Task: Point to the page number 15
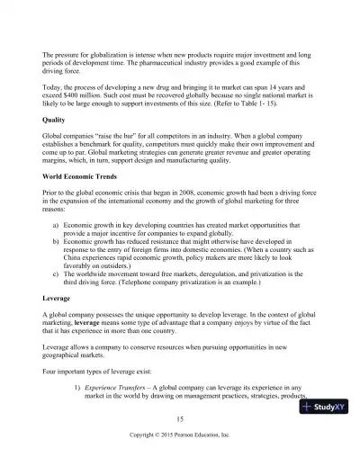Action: pyautogui.click(x=180, y=419)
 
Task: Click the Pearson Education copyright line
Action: pyautogui.click(x=180, y=434)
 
